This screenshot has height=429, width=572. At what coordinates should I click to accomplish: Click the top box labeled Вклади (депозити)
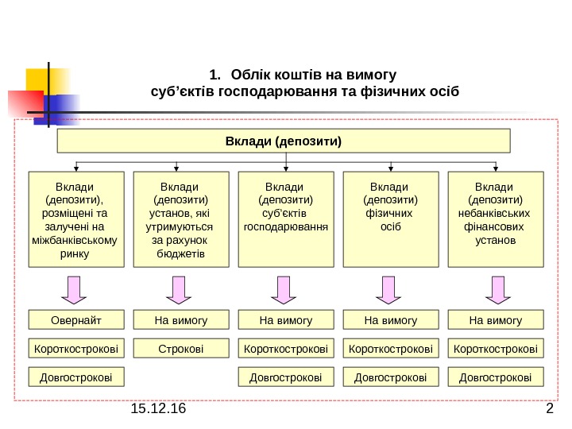tap(284, 143)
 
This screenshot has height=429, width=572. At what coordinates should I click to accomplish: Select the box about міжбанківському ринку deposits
tap(75, 218)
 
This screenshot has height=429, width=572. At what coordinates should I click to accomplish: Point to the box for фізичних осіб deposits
tap(390, 218)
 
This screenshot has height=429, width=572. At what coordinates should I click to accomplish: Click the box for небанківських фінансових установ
tap(496, 218)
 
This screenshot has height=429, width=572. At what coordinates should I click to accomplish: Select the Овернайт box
tap(76, 320)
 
